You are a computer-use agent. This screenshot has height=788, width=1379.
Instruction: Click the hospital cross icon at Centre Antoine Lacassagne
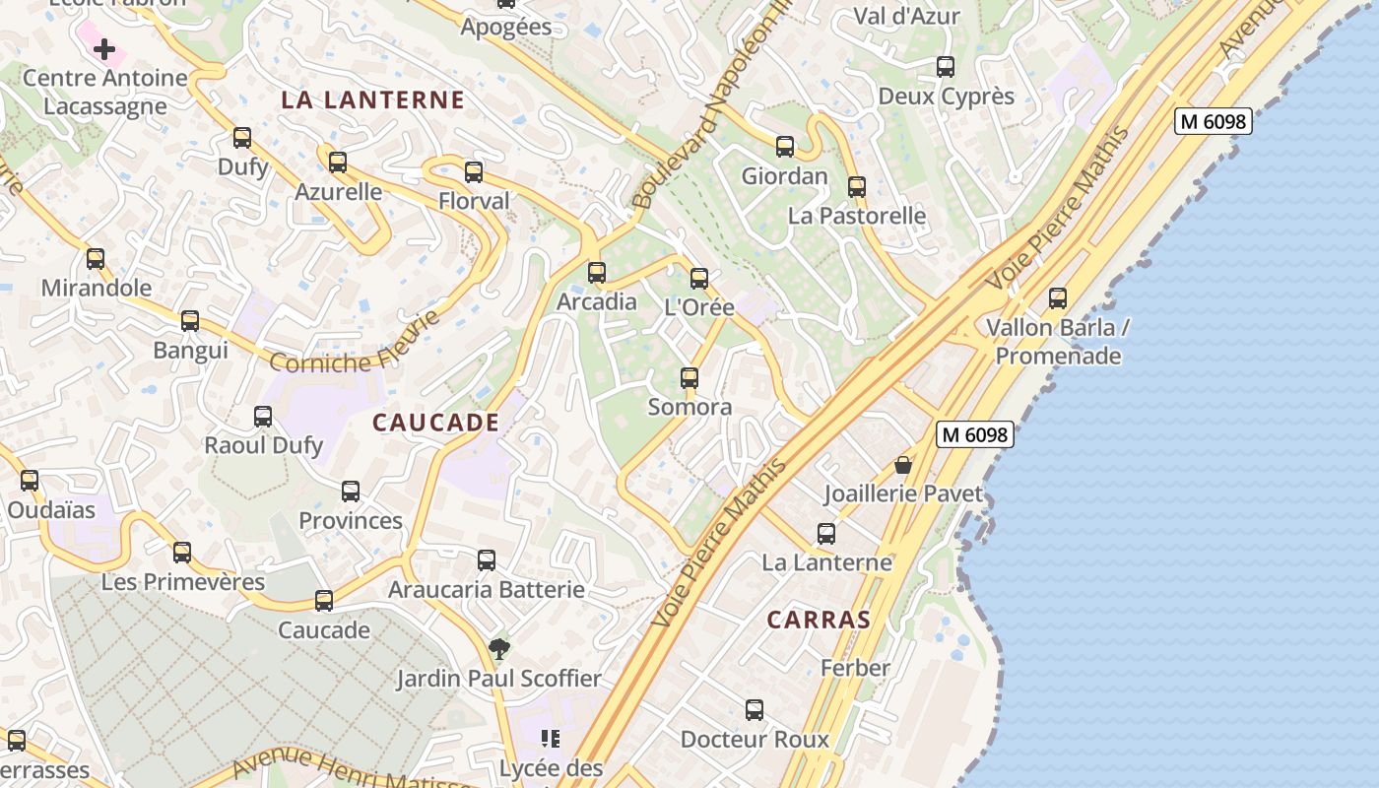coord(104,49)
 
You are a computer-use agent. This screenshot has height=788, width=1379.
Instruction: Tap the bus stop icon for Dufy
coord(242,138)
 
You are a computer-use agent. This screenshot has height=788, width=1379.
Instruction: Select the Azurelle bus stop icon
coord(338,162)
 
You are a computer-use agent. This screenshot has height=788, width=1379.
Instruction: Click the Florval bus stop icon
coord(474,172)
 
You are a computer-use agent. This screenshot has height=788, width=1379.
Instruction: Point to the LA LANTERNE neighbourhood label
coord(372,99)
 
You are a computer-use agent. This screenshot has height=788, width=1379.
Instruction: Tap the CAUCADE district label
coord(436,423)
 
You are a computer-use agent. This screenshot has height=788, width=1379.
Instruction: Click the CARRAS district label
coord(819,620)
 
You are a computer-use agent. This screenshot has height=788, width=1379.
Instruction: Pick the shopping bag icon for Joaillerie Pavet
coord(903,465)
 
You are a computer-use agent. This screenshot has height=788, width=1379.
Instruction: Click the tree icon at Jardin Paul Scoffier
coord(499,648)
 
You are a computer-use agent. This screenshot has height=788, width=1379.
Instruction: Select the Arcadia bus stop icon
coord(597,273)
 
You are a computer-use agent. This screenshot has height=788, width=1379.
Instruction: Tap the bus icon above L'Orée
coord(699,279)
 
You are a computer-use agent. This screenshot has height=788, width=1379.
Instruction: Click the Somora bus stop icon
coord(689,378)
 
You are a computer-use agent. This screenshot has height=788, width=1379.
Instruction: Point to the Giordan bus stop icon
coord(785,147)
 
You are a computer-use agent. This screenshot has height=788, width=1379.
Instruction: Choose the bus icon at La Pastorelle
coord(857,187)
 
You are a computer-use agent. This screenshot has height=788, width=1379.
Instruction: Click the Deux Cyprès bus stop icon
coord(946,67)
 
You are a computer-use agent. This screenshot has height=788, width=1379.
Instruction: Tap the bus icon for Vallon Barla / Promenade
coord(1058,297)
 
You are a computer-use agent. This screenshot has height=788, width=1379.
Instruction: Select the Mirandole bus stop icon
coord(96,259)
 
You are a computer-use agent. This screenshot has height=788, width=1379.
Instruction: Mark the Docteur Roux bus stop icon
coord(755,709)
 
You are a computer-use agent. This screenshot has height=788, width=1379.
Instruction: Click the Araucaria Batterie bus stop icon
coord(487,560)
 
